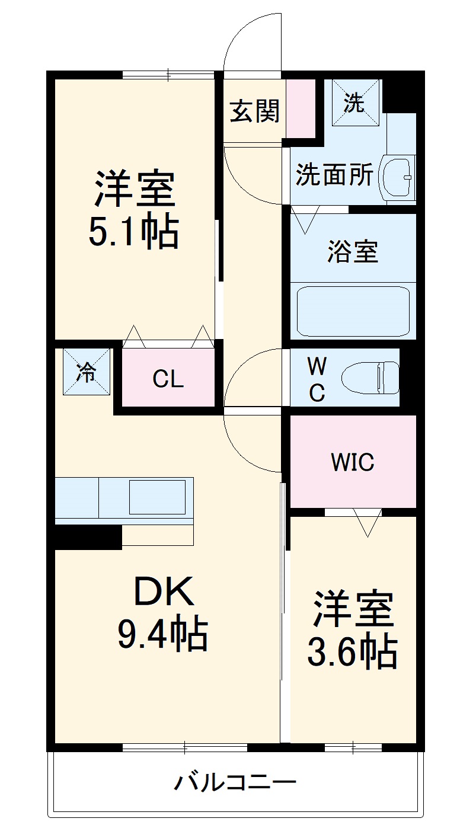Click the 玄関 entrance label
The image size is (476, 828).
(255, 111)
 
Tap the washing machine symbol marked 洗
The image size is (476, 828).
(354, 103)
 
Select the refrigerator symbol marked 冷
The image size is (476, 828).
(87, 372)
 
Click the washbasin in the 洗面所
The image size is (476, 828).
(398, 177)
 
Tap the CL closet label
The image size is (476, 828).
(168, 379)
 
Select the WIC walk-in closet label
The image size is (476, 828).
(352, 462)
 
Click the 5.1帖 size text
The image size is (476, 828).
(133, 232)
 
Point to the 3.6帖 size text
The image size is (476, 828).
(352, 653)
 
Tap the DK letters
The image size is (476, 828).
(164, 592)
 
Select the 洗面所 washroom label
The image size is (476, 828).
(334, 175)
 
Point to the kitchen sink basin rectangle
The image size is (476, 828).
(157, 497)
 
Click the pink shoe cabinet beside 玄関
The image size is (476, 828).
(301, 109)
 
